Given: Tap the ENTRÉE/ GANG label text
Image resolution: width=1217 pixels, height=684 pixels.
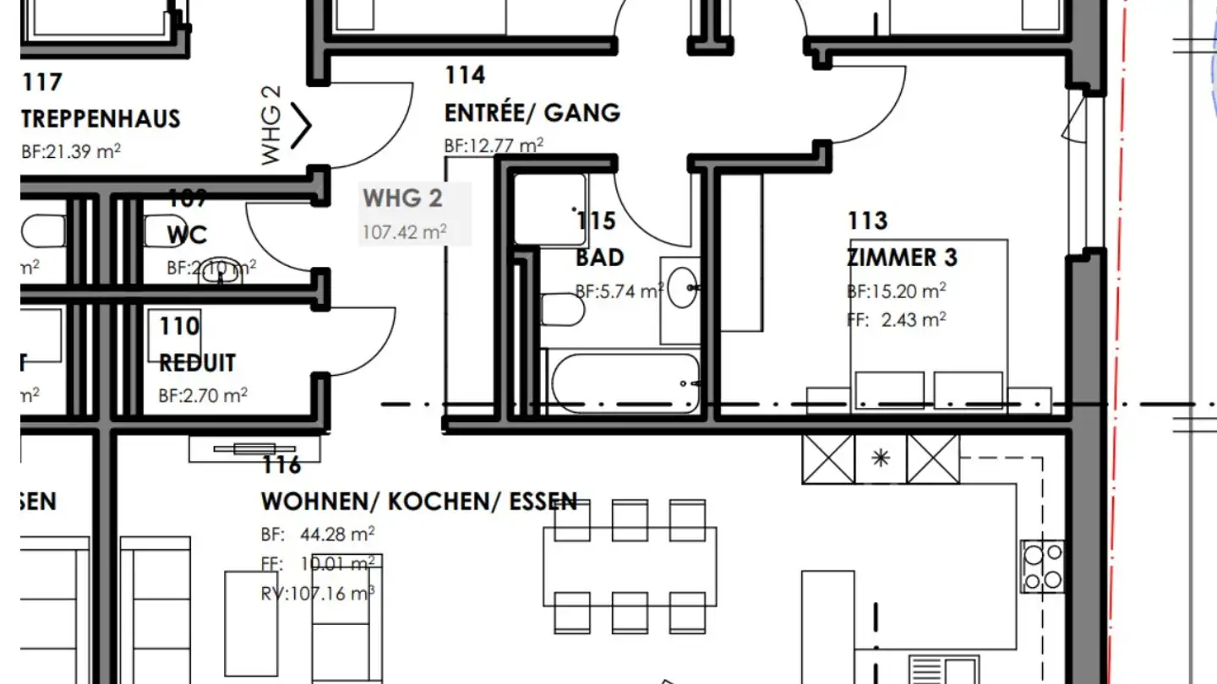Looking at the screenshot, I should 532,112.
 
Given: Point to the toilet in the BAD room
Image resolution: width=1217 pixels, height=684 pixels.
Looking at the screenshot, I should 561,310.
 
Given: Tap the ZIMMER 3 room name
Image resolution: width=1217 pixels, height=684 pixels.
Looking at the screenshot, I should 903,257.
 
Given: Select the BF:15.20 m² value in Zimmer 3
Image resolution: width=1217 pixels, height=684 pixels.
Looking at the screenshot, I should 896,291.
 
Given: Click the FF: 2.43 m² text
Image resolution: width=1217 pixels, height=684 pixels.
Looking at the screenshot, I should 896,319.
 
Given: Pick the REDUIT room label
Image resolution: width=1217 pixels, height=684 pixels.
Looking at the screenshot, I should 197,363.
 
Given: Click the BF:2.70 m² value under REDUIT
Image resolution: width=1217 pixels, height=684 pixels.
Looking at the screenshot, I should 203,395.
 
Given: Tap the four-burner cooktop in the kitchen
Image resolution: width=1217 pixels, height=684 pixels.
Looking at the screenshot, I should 1042,567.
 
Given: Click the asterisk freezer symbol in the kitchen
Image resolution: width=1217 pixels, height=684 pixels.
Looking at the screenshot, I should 881,459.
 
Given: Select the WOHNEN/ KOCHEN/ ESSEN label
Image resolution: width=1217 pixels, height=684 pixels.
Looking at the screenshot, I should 419,501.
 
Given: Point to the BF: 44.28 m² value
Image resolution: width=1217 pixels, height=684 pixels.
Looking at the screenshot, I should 318,535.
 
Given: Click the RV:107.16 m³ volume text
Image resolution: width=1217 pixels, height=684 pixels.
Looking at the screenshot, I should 318,594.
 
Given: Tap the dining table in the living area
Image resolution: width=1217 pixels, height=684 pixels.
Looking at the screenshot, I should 630,565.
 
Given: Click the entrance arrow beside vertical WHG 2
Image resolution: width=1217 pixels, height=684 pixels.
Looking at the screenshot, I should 302,126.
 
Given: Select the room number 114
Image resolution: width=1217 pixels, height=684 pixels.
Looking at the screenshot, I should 466,75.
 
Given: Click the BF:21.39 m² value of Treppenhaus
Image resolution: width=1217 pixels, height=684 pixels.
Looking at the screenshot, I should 71,152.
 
